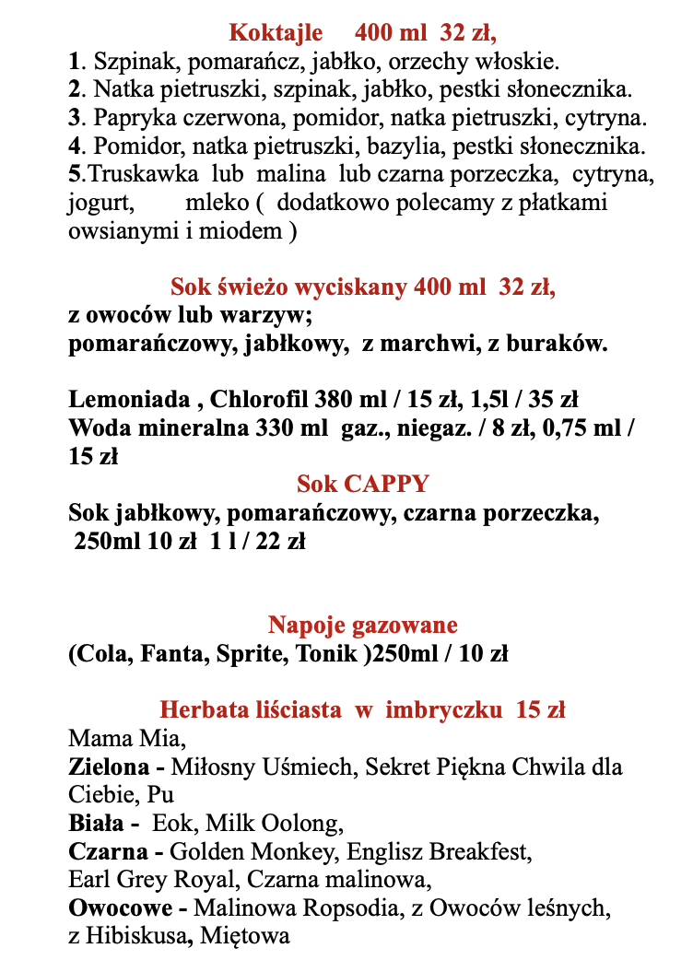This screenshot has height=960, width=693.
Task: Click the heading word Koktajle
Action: (x=276, y=33)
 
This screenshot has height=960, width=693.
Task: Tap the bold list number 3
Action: (x=74, y=119)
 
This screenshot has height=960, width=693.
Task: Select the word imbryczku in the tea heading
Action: (x=447, y=710)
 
